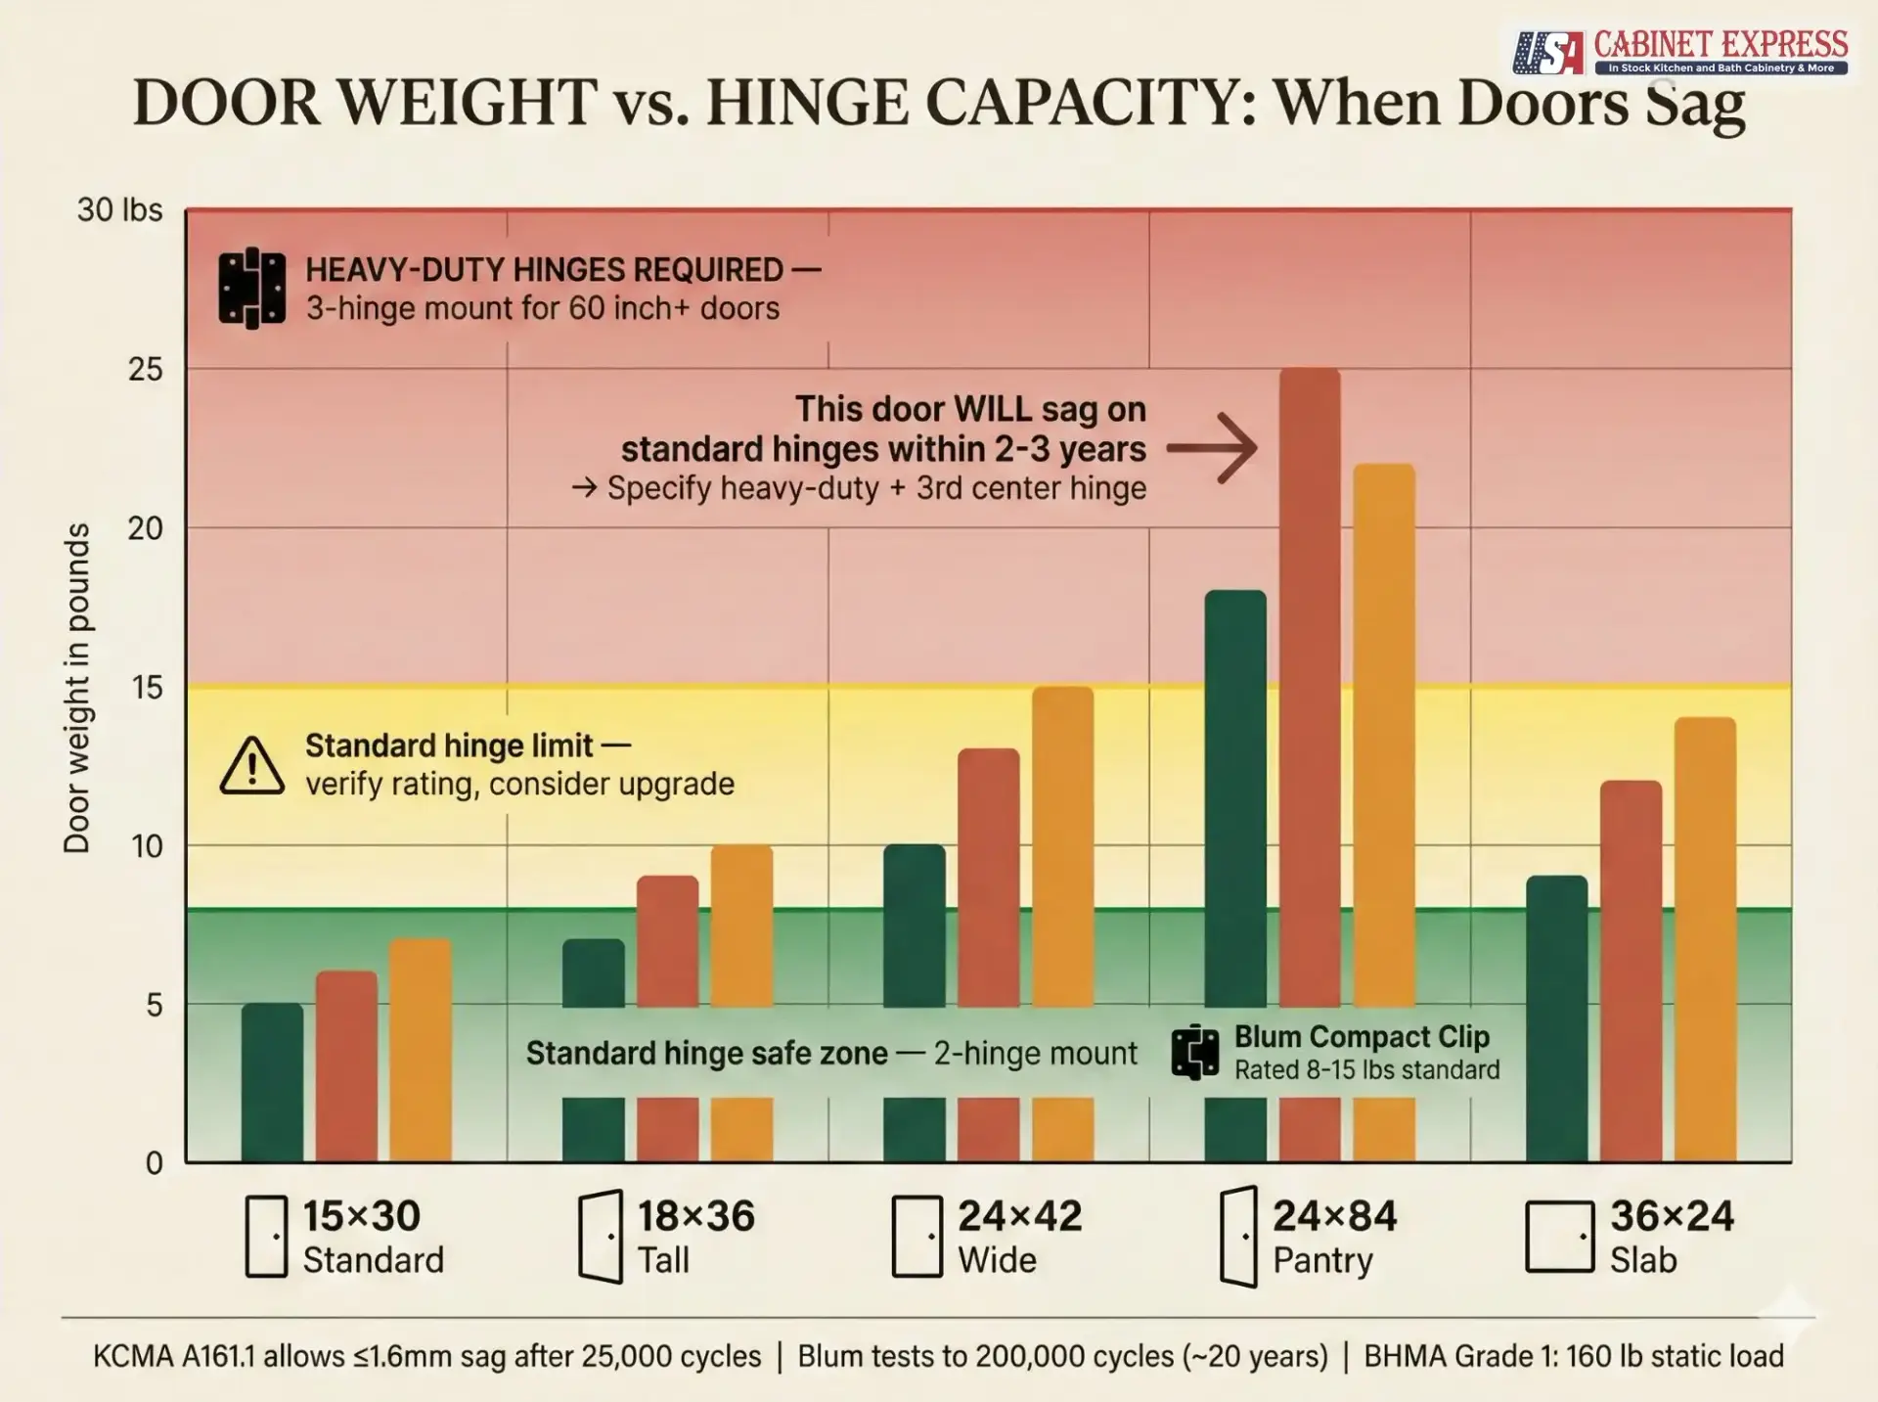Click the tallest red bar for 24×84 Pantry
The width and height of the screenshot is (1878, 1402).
[1309, 685]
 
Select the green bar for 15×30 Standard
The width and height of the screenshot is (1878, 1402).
[272, 1081]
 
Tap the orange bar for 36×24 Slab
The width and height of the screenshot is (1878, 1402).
[1705, 939]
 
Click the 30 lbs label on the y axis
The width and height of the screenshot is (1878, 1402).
[119, 209]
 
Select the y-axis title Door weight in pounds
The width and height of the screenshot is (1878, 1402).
[76, 687]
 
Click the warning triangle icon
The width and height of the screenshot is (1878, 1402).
[251, 766]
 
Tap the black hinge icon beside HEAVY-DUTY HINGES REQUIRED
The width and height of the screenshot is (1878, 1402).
[251, 288]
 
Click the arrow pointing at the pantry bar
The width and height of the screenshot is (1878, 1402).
[1213, 448]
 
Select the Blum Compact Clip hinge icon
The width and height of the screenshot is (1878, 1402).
[1194, 1053]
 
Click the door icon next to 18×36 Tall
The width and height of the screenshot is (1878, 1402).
[600, 1237]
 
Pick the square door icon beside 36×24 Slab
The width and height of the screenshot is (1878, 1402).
[1559, 1237]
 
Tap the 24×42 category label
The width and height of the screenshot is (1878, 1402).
[1019, 1216]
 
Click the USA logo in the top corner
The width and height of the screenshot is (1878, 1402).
[1547, 52]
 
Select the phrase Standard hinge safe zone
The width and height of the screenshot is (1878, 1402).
[706, 1053]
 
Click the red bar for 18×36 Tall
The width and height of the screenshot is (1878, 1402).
[667, 939]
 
